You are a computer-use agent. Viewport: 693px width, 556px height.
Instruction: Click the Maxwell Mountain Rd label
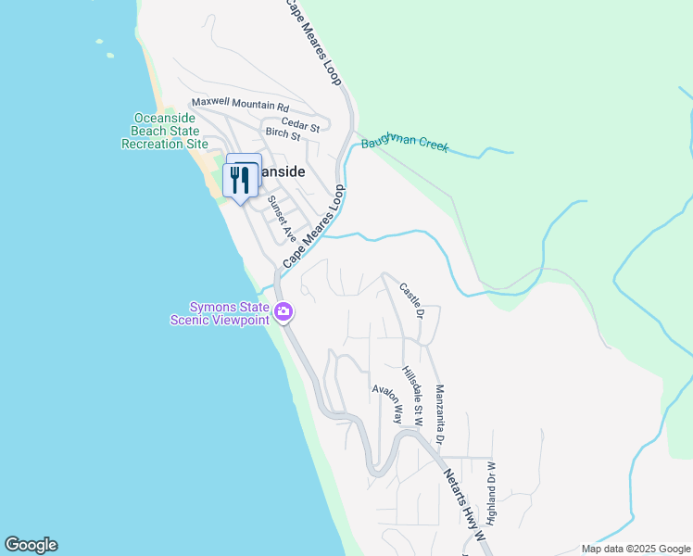coord(240,105)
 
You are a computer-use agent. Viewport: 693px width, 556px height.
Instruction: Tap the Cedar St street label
coord(300,123)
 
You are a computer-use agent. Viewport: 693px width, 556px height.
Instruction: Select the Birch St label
coord(283,135)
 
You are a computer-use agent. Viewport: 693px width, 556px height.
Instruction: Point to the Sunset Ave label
coord(281,218)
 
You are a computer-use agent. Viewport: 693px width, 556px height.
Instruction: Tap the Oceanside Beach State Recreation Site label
coord(165,131)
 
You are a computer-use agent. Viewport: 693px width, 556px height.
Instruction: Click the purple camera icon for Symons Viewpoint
coord(283,313)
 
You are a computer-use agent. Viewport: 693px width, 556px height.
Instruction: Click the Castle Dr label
coord(411,301)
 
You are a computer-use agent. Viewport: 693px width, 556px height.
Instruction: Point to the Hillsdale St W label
coord(412,396)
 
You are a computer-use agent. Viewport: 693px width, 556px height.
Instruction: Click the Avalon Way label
coord(387,404)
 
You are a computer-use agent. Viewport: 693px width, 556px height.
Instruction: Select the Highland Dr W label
coord(491,490)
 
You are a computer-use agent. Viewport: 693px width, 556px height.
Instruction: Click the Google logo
coord(31,545)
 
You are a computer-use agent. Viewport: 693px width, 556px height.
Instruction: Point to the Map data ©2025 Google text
coord(634,549)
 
